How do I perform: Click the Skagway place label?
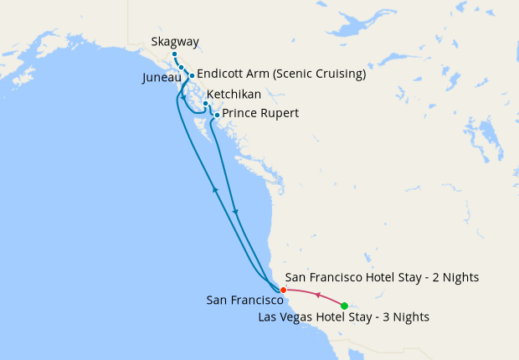[175, 42]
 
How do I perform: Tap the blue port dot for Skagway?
[174, 54]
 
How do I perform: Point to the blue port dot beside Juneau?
[181, 67]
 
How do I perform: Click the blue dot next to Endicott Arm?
[192, 75]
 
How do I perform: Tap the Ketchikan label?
[234, 95]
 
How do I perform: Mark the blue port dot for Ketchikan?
[205, 104]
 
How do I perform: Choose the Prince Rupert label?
[260, 113]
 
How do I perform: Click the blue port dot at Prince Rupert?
[217, 115]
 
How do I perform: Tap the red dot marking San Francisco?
[283, 290]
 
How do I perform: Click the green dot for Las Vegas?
[344, 306]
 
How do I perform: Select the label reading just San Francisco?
[244, 299]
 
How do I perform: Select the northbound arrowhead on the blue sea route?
[216, 190]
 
